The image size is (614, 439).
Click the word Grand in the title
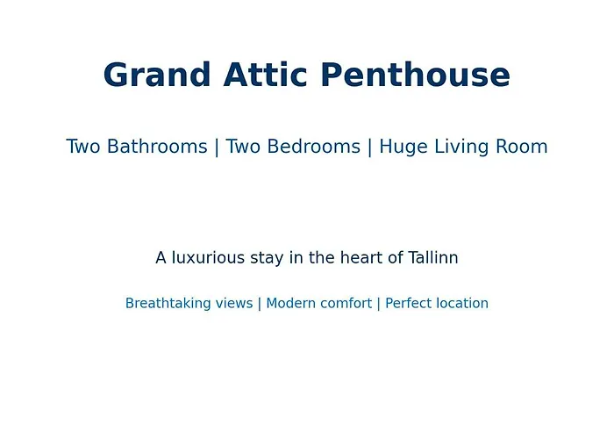coord(157,75)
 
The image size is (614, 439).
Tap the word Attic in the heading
coord(265,75)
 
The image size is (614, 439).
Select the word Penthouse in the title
coord(416,75)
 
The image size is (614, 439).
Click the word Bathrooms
coord(157,147)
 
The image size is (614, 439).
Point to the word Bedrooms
coord(314,147)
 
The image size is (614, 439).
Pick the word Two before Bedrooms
coord(243,147)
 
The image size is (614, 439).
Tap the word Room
coord(522,147)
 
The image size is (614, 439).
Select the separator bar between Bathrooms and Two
coord(217,148)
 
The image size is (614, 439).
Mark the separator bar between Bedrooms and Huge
coord(369,148)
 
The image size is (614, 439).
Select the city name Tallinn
coord(433,258)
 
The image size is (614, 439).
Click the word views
coord(234,304)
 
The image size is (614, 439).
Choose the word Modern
coord(291,304)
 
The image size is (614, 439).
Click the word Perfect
coord(409,304)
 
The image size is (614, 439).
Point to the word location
coord(462,304)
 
